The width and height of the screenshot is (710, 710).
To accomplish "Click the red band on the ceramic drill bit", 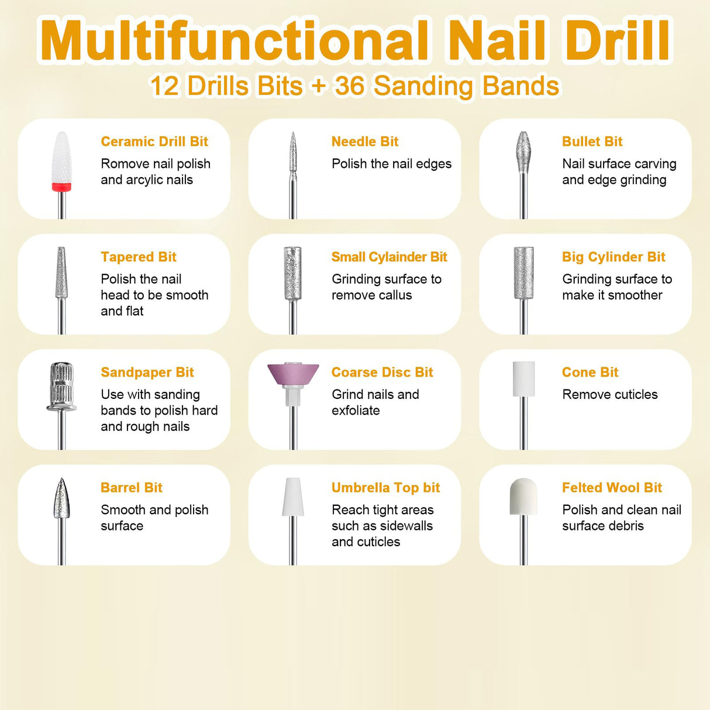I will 61,187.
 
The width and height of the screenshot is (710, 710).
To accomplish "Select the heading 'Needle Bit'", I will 364,142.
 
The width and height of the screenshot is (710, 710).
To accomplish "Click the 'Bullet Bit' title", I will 592,142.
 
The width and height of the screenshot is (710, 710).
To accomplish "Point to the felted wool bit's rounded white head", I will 523,497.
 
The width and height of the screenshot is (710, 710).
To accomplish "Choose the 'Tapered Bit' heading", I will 138,257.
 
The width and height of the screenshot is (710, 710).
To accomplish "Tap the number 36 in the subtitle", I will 350,86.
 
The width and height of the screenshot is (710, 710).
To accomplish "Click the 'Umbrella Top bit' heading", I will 385,488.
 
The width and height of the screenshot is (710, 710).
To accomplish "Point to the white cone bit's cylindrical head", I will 523,378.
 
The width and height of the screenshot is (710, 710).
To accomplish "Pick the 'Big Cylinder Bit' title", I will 614,257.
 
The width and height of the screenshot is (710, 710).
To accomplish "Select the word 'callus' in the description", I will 394,295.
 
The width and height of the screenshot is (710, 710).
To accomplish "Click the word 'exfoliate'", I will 356,411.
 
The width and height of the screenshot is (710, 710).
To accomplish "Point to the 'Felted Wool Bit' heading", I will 612,488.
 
